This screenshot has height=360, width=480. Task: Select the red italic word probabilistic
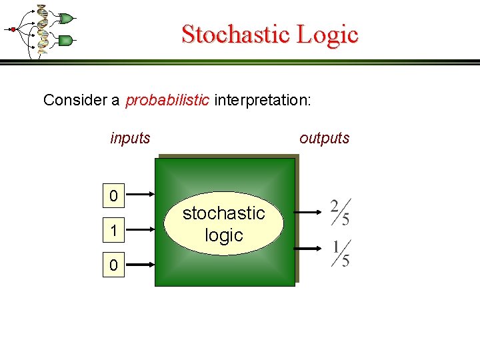click(x=167, y=100)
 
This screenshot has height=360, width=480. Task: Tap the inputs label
click(x=130, y=139)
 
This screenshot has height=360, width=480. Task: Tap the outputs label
click(x=324, y=139)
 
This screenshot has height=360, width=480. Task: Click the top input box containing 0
click(x=114, y=196)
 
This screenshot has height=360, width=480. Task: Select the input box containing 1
click(x=114, y=231)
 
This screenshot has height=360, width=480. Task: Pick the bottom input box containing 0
click(x=114, y=265)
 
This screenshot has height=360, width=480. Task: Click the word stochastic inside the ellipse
click(x=223, y=213)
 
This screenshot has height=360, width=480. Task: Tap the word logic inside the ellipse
click(x=223, y=235)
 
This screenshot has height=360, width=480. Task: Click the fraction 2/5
click(x=340, y=212)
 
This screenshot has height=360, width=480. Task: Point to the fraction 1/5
click(x=341, y=253)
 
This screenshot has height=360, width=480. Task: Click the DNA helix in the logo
click(x=43, y=29)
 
